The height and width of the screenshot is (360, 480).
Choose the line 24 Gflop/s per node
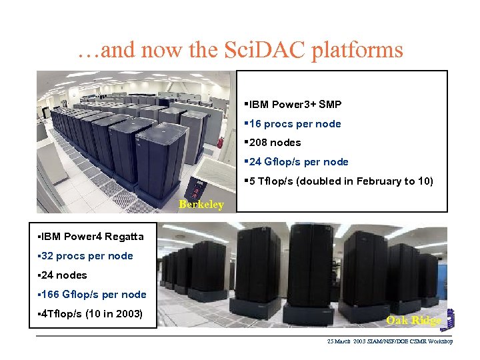297,162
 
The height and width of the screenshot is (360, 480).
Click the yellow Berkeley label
201,205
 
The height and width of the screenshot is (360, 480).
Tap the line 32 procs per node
85,256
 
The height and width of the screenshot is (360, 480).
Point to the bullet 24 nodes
63,275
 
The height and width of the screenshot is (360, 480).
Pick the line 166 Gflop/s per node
92,295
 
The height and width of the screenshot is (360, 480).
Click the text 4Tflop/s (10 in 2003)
91,314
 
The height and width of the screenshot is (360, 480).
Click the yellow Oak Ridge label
414,321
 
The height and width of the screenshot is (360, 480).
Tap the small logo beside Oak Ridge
450,321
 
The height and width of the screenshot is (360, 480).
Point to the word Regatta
123,237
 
